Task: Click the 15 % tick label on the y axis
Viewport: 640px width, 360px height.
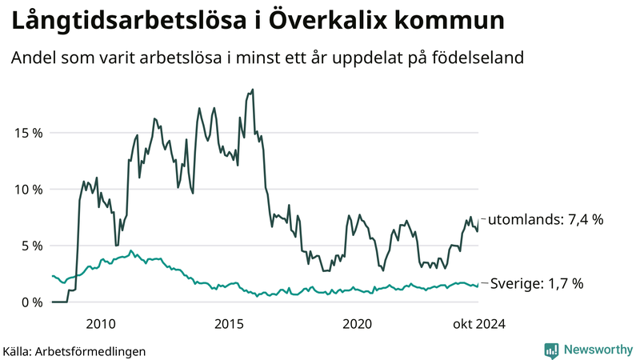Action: pyautogui.click(x=26, y=133)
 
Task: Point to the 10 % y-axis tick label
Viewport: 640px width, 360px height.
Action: pyautogui.click(x=26, y=190)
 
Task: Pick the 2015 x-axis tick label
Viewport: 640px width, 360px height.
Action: pyautogui.click(x=229, y=324)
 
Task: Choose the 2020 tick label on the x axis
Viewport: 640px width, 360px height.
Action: pyautogui.click(x=357, y=324)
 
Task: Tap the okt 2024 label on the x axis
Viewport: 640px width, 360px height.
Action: pyautogui.click(x=480, y=324)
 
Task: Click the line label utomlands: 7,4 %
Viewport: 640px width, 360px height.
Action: pyautogui.click(x=545, y=219)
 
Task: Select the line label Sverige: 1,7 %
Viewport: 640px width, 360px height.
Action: pyautogui.click(x=536, y=283)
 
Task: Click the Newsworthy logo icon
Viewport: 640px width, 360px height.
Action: pyautogui.click(x=551, y=350)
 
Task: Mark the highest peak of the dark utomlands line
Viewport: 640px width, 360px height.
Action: pyautogui.click(x=253, y=90)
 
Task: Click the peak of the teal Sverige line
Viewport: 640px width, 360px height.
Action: pyautogui.click(x=131, y=250)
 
